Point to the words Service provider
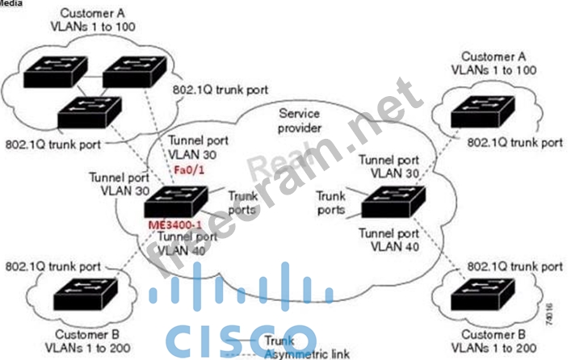coord(300,120)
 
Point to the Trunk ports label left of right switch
coord(331,203)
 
